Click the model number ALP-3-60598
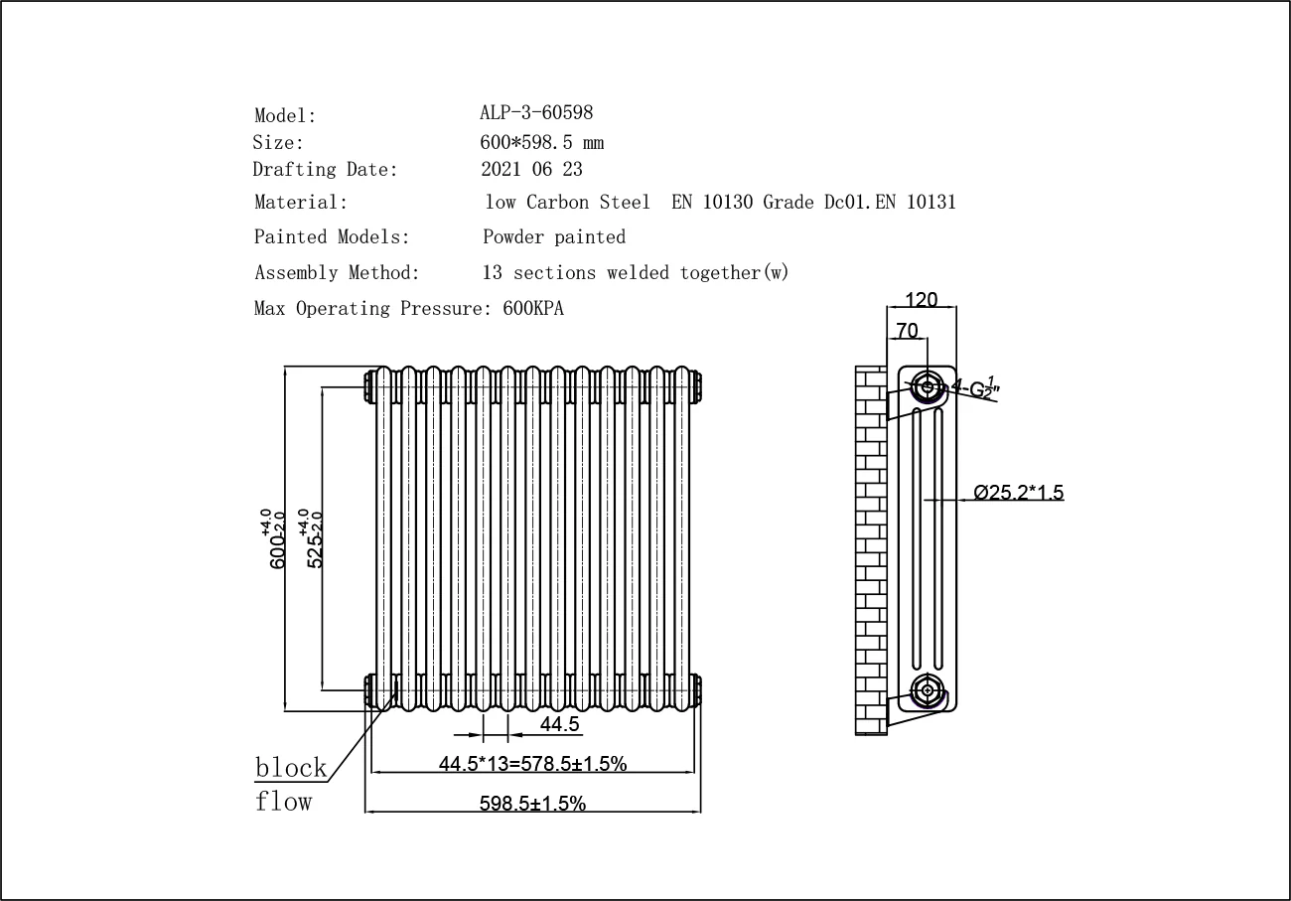[536, 113]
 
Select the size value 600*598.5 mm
[542, 142]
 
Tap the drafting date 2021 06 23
[532, 170]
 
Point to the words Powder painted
[554, 237]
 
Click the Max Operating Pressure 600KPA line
[409, 309]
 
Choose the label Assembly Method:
[337, 273]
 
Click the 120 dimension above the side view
[922, 300]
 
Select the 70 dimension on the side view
[907, 331]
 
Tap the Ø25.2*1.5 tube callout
[1019, 492]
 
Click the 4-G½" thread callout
[976, 387]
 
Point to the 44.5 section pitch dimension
[559, 724]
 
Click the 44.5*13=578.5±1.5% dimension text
[532, 763]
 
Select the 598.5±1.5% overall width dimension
[532, 804]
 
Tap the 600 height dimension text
[277, 541]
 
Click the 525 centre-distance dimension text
[316, 541]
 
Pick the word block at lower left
[291, 768]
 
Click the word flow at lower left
[284, 802]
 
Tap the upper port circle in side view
[928, 386]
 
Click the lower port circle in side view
[928, 689]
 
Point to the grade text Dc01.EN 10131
[890, 203]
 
